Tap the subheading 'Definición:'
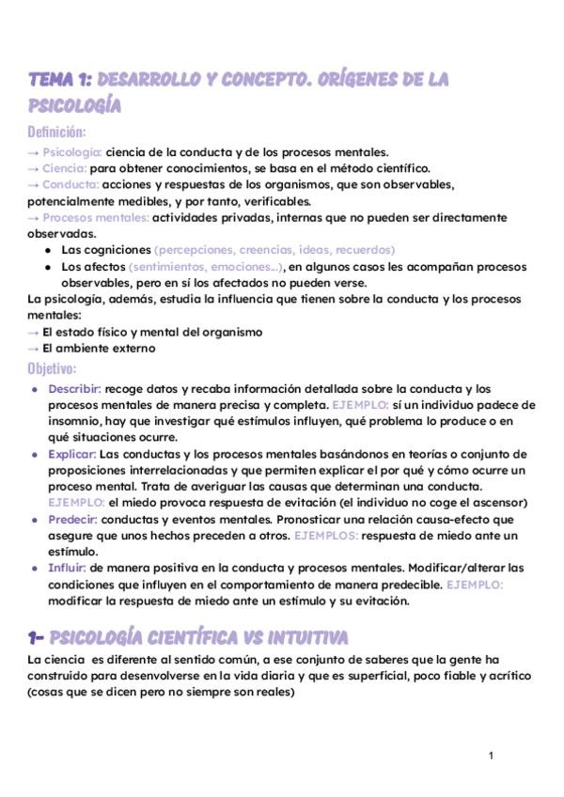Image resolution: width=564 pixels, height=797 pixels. coord(56,132)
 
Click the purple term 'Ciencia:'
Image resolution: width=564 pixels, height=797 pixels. coord(66,168)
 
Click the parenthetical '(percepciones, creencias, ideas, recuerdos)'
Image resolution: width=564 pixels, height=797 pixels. coord(274,250)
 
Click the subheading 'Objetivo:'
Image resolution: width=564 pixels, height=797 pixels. coord(53,367)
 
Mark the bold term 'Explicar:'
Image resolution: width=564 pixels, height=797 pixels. coord(72,453)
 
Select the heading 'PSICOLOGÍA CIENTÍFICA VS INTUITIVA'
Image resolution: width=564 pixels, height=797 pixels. coord(199,637)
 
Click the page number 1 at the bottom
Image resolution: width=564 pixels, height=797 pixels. coord(491,756)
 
